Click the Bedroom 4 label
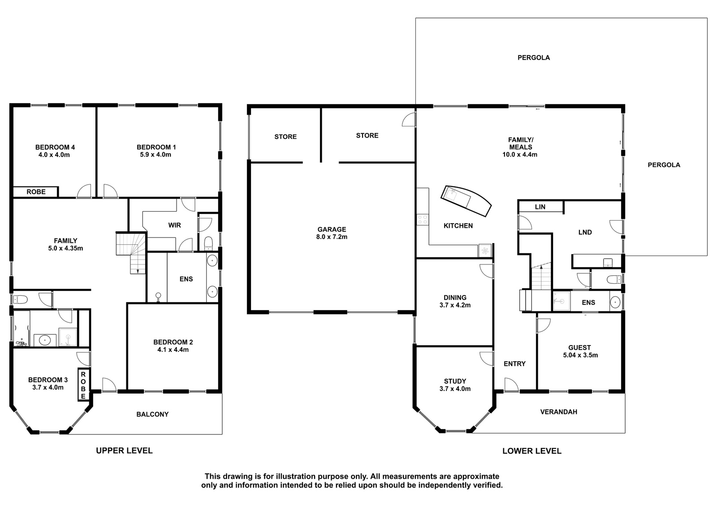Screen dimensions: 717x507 pos(55,147)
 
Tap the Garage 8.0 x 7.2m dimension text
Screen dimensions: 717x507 pos(332,237)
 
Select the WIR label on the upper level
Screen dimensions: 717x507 pos(174,225)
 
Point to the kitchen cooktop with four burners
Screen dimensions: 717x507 pos(423,219)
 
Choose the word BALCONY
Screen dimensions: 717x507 pos(152,414)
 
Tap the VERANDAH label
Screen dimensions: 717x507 pos(558,412)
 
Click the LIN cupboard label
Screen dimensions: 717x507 pos(540,207)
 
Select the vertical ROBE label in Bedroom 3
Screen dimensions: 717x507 pos(83,386)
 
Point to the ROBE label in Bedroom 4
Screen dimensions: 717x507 pos(36,192)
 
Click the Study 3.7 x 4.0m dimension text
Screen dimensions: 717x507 pos(455,389)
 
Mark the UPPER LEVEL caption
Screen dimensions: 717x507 pos(124,451)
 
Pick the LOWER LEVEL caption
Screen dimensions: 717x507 pos(531,451)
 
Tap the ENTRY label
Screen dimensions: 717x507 pos(514,364)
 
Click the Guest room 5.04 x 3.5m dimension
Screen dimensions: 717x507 pos(580,355)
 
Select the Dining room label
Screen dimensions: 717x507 pos(455,298)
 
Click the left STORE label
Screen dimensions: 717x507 pos(285,137)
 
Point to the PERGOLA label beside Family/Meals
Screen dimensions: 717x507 pos(664,165)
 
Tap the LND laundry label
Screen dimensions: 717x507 pos(585,233)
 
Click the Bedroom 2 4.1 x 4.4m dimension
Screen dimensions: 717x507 pos(173,350)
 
